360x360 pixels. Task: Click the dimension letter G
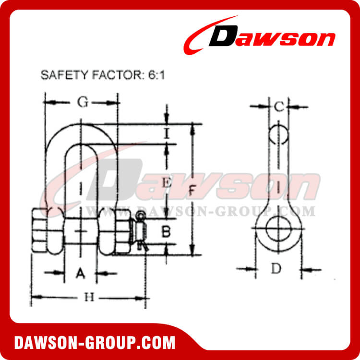coord(83,102)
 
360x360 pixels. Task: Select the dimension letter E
coord(167,182)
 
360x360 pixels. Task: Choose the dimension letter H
coord(88,298)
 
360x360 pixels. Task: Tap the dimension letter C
coord(278,107)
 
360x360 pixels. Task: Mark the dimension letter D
coord(276,269)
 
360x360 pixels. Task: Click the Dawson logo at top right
coord(262,38)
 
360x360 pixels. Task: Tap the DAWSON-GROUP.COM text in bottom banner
coord(95,343)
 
